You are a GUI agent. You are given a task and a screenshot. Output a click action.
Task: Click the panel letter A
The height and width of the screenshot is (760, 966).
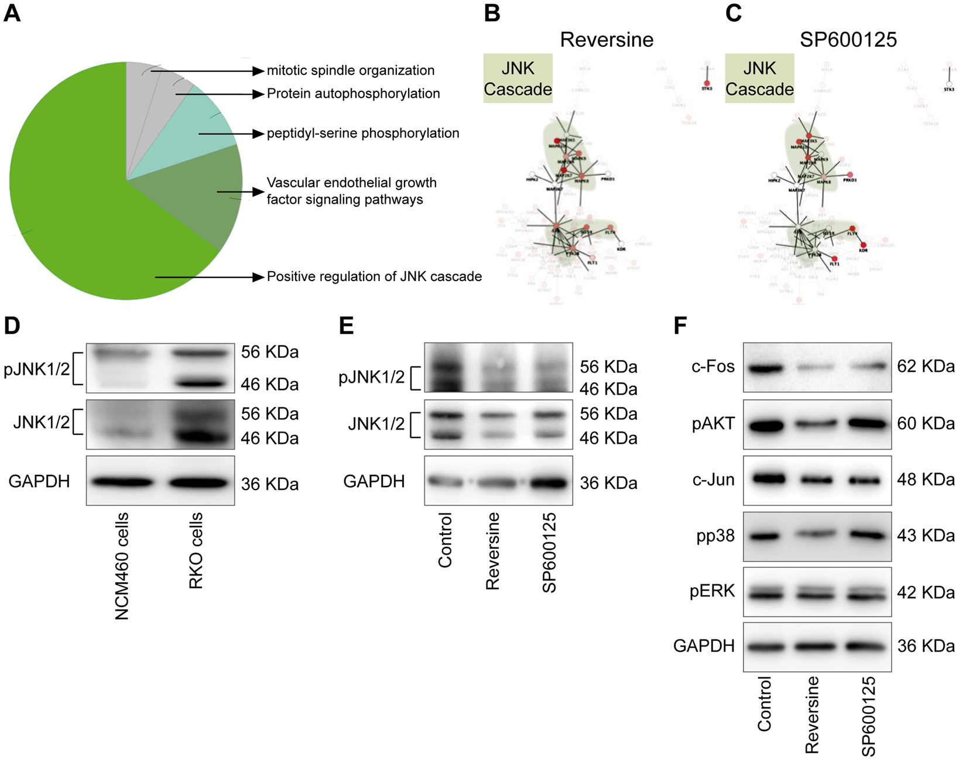coord(12,13)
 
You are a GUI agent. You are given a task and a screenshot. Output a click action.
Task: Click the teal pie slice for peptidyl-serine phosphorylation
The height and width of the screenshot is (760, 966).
coord(202,123)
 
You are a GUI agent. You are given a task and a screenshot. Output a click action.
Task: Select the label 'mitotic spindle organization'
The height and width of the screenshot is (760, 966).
coord(350,71)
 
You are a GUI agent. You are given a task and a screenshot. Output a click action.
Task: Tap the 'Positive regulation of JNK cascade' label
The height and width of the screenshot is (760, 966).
coord(374,277)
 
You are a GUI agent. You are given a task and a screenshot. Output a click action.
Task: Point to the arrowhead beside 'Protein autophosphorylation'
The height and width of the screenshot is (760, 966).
coord(258,94)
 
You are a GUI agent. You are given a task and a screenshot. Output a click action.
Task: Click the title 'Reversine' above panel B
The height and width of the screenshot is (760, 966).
coord(607,40)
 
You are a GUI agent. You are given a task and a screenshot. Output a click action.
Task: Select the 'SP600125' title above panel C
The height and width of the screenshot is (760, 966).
coord(848,40)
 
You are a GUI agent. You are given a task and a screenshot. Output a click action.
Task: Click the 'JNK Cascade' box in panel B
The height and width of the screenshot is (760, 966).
coord(518,78)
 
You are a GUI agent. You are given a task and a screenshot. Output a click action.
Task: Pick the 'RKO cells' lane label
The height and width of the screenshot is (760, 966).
coord(196,550)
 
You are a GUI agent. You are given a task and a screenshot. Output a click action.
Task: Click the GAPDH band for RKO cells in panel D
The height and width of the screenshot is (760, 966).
coord(198,483)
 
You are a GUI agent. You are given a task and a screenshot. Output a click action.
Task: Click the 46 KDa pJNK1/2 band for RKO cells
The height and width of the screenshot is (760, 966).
coord(198,384)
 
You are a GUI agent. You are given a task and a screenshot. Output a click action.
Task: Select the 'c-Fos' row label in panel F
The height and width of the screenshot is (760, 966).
coord(712,367)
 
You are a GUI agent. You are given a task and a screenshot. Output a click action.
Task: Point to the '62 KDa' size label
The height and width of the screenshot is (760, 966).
coord(926,367)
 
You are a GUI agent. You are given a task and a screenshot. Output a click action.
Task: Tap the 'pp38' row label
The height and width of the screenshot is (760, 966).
coord(715,536)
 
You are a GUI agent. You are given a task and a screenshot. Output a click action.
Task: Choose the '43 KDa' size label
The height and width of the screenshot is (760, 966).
coord(926,536)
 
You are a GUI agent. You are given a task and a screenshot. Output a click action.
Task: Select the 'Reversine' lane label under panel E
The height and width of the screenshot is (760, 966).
coord(492,551)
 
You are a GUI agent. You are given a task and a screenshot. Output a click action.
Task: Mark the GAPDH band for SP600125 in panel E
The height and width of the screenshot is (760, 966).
coord(548,484)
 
